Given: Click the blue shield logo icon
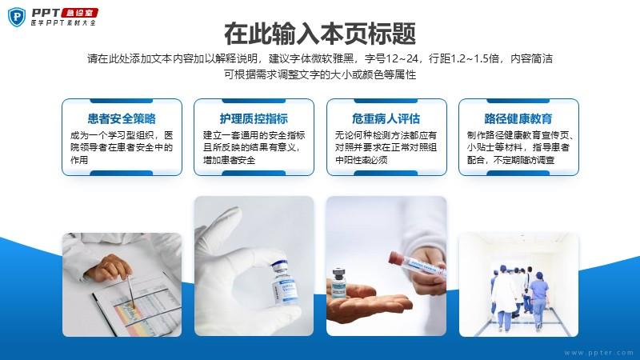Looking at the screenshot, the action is (17, 18).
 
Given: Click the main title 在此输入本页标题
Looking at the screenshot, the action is (320, 34).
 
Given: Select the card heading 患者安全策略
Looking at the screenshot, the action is (122, 118).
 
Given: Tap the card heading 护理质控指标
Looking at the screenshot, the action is (254, 118).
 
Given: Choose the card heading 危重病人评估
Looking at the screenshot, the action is (386, 118).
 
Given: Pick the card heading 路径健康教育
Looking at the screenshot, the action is (518, 118).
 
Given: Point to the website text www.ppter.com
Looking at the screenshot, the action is (599, 353).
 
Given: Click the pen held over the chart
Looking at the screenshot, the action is (131, 292).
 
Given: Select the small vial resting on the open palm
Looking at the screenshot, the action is (338, 282).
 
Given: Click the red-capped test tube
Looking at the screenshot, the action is (416, 264).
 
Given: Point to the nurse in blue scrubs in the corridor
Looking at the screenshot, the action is (538, 300).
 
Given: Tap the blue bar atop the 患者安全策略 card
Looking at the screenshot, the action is (122, 101).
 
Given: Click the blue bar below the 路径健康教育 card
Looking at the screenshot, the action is (518, 174).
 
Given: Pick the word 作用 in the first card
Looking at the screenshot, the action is (79, 160).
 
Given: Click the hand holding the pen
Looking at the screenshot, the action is (108, 267).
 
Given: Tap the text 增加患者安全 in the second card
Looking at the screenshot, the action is (229, 160).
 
